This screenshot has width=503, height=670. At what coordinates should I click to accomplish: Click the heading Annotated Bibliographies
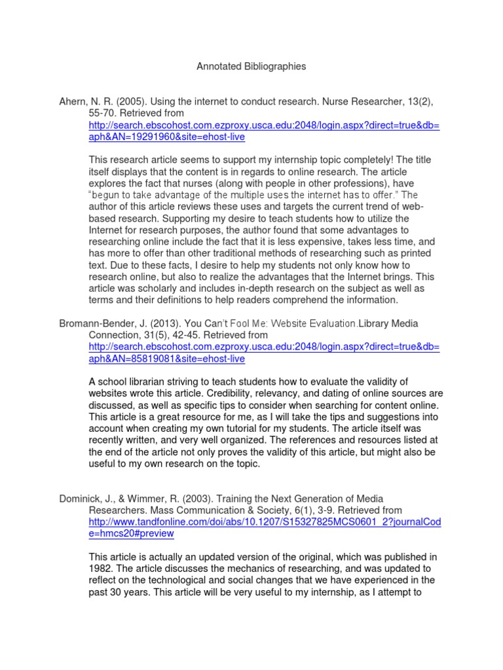(x=251, y=67)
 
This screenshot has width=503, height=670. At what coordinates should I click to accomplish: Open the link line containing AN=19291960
(x=167, y=137)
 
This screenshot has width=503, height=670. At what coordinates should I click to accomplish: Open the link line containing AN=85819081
(x=167, y=359)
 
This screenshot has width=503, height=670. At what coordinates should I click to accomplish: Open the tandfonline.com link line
(x=265, y=521)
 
